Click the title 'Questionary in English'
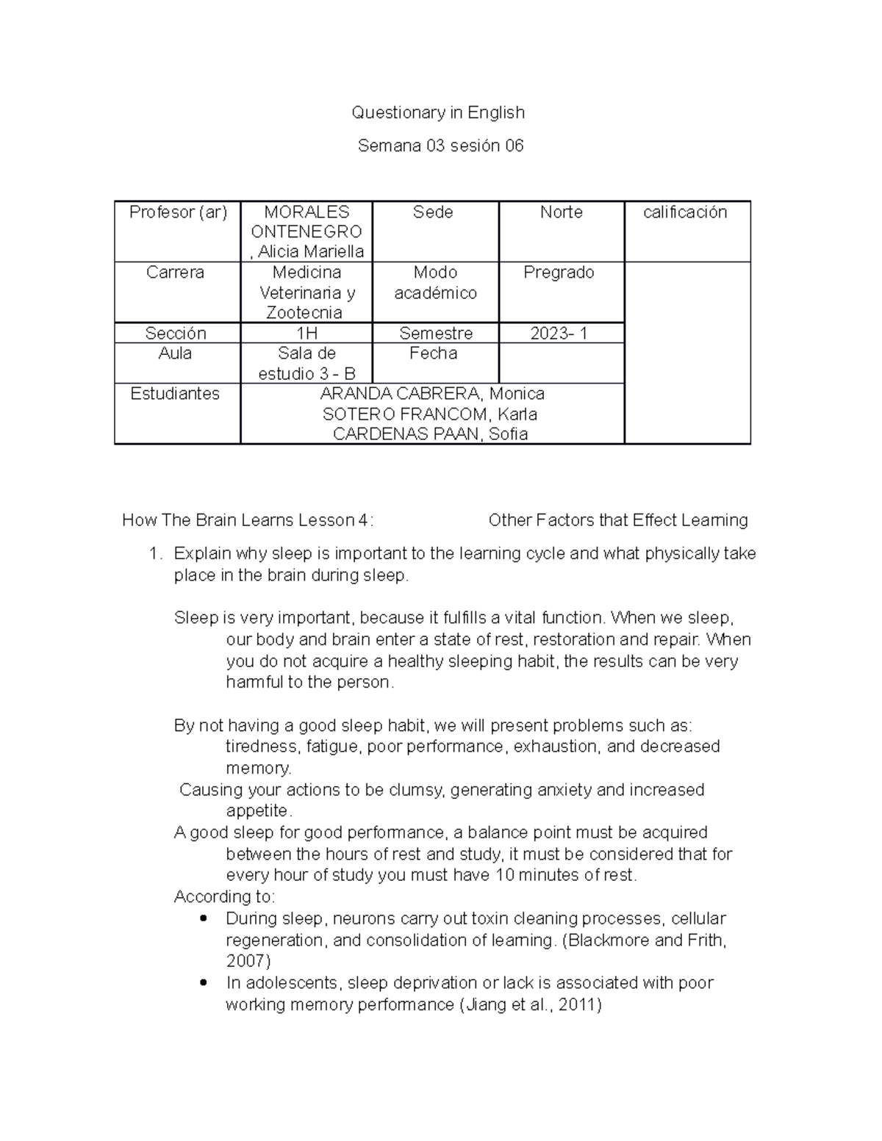coord(438,112)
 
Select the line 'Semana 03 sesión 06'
coord(440,145)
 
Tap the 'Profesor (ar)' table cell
coord(178,212)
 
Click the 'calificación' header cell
coord(685,212)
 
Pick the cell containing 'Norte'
coord(561,212)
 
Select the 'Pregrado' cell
coord(559,273)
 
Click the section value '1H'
coord(306,334)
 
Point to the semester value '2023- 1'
coord(559,334)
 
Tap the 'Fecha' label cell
coord(433,353)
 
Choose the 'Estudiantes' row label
coord(175,394)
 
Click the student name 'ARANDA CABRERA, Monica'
coord(432,394)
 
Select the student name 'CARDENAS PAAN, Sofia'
coord(431,434)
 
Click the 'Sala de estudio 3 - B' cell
coord(306,364)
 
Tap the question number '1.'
coord(154,554)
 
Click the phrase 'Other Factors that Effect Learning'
coord(618,521)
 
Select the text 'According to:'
coord(224,897)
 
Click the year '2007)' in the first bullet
coord(248,961)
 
